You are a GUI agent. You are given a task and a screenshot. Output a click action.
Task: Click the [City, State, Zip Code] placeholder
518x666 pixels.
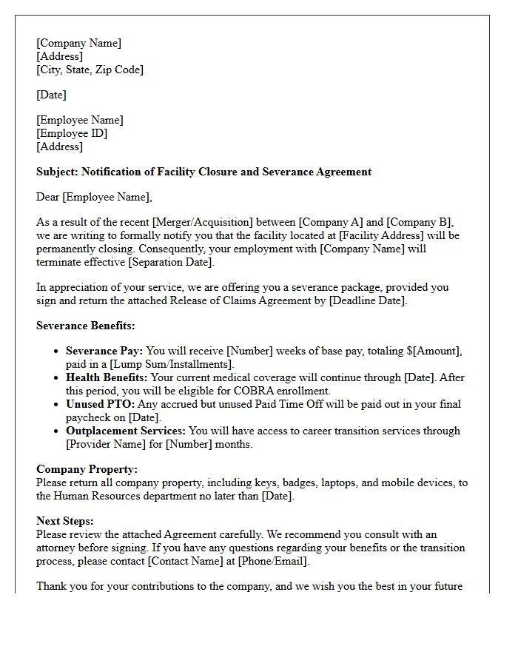coord(90,70)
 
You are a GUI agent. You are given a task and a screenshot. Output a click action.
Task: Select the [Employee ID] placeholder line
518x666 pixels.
coord(72,133)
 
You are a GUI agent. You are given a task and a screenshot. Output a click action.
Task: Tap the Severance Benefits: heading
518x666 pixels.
coord(86,326)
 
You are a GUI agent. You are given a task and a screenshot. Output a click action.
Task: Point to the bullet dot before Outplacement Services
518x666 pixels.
coord(57,431)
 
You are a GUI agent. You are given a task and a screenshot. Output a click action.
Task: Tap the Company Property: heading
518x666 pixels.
coord(87,469)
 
